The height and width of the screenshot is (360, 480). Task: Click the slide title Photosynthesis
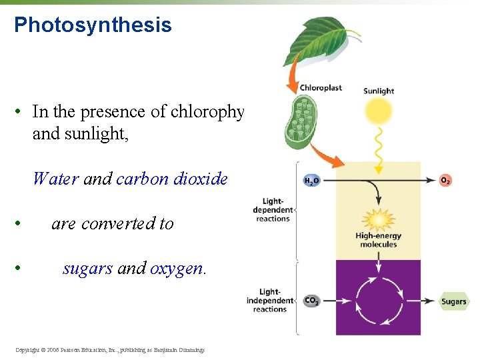(x=93, y=25)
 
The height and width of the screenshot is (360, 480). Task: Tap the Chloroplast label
(x=321, y=87)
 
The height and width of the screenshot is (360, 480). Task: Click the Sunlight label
(x=378, y=91)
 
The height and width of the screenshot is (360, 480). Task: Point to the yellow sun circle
(x=378, y=111)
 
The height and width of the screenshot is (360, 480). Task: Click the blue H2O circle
(x=311, y=181)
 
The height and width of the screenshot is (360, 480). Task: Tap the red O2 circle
(x=445, y=180)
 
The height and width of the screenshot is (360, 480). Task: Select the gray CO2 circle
(x=311, y=301)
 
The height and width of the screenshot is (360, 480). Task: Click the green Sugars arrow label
(x=453, y=301)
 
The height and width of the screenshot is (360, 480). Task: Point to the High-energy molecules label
(x=378, y=240)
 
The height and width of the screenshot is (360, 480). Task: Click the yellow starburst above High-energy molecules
(x=378, y=219)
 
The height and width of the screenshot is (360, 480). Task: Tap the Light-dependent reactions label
(x=273, y=209)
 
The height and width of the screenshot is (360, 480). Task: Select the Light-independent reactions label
(x=269, y=300)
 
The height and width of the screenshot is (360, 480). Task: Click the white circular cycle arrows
(x=378, y=297)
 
